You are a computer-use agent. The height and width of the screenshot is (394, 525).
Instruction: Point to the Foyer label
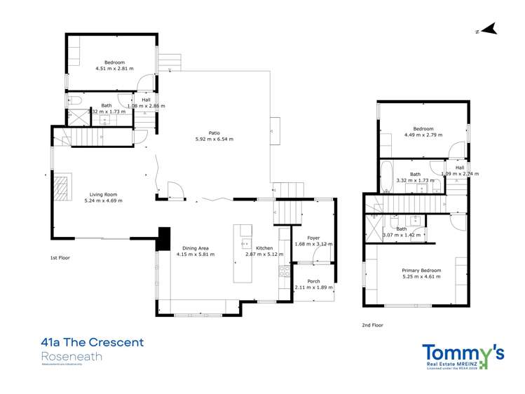(x=313, y=238)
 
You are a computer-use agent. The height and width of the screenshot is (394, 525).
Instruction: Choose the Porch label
(x=313, y=280)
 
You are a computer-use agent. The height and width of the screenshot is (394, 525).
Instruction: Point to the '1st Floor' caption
(x=60, y=258)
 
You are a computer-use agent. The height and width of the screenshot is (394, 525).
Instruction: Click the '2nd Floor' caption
(x=373, y=325)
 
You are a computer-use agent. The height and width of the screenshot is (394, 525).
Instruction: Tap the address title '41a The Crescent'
(x=93, y=343)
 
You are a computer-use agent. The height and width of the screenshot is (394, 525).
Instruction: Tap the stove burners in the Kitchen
(x=285, y=270)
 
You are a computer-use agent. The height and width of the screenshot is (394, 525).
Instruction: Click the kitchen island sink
(x=246, y=244)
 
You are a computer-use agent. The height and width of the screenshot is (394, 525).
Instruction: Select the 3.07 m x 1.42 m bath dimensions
(x=402, y=236)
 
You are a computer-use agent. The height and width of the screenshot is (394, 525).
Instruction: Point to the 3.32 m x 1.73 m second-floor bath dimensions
(x=416, y=180)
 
